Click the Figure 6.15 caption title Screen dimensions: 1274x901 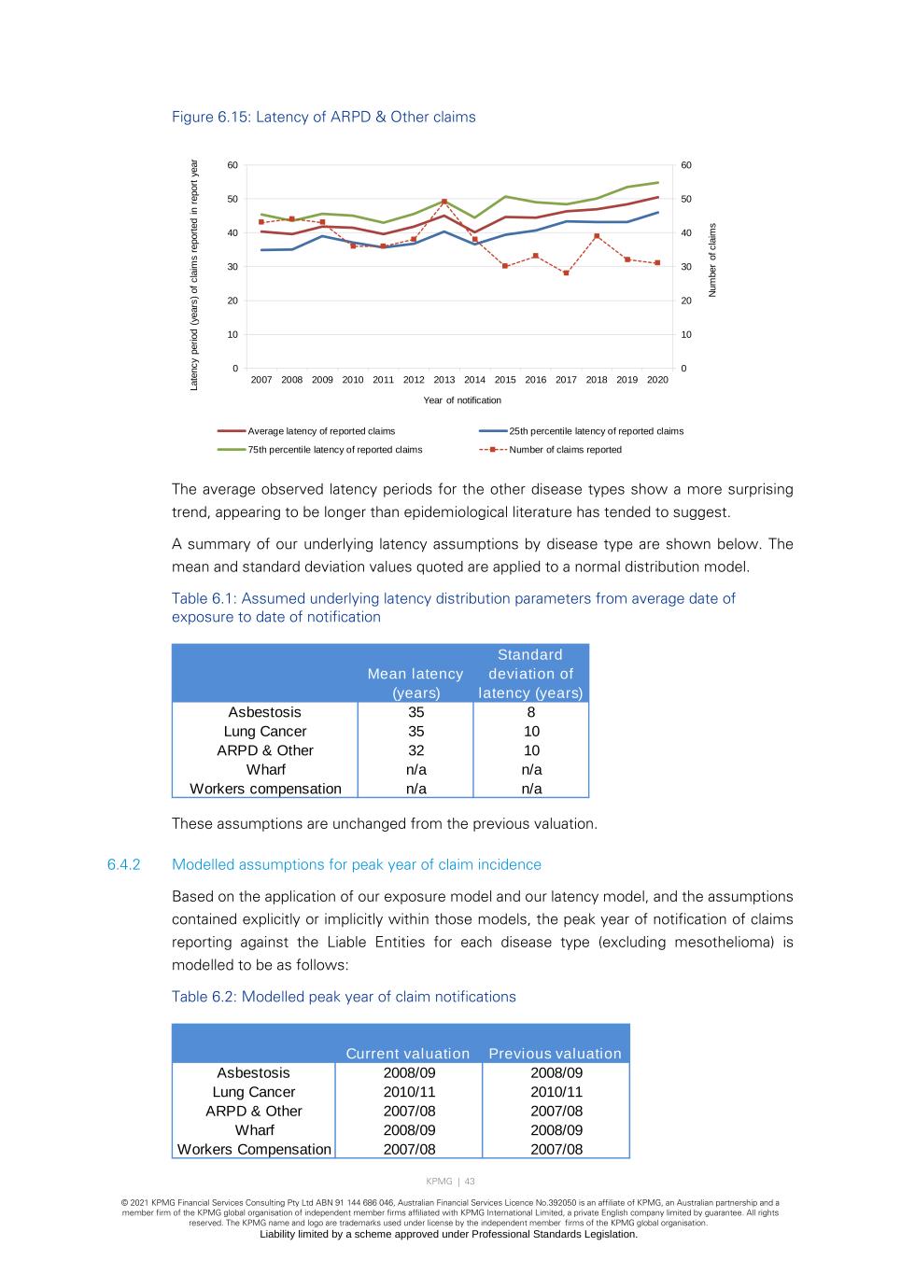click(x=323, y=118)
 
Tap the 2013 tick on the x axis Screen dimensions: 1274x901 click(x=444, y=380)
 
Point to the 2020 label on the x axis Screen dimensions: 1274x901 click(x=657, y=380)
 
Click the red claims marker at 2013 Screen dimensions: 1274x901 click(x=444, y=202)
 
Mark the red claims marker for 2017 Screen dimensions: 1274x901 click(x=566, y=273)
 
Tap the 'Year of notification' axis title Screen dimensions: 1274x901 click(x=462, y=400)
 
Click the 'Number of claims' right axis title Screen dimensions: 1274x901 click(x=713, y=260)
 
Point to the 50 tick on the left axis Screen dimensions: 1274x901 click(x=232, y=199)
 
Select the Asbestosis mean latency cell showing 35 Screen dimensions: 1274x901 click(x=415, y=713)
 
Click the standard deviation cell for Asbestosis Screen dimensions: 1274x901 click(x=531, y=713)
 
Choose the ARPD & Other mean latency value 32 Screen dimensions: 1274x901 click(x=415, y=751)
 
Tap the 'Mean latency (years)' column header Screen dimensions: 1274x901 click(x=415, y=683)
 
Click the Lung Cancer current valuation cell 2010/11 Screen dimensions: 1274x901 click(x=409, y=1092)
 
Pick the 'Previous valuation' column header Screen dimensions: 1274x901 click(x=555, y=1054)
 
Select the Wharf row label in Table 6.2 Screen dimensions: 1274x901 click(x=254, y=1130)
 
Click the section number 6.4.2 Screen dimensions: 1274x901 click(x=123, y=865)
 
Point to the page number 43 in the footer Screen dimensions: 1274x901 click(x=470, y=1182)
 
